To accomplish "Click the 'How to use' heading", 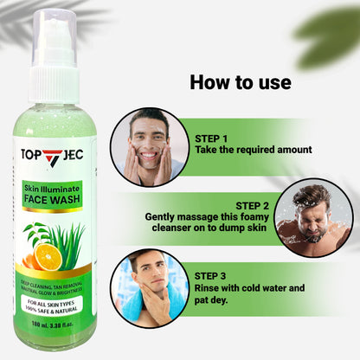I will click(x=240, y=83).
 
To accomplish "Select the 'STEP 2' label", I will click(x=252, y=205).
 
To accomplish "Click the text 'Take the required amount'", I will click(x=253, y=150).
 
